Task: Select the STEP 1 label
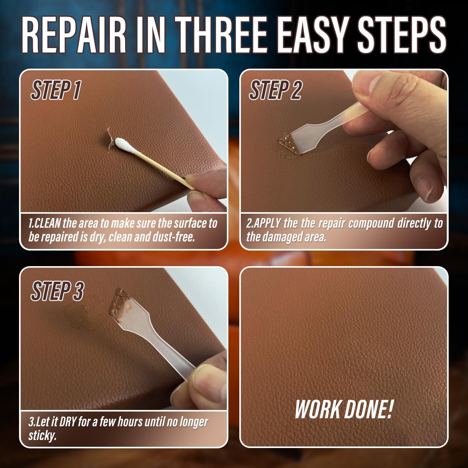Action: [56, 90]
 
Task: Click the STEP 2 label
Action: [275, 90]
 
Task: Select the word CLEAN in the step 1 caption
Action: [49, 224]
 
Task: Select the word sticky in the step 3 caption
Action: [42, 436]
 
